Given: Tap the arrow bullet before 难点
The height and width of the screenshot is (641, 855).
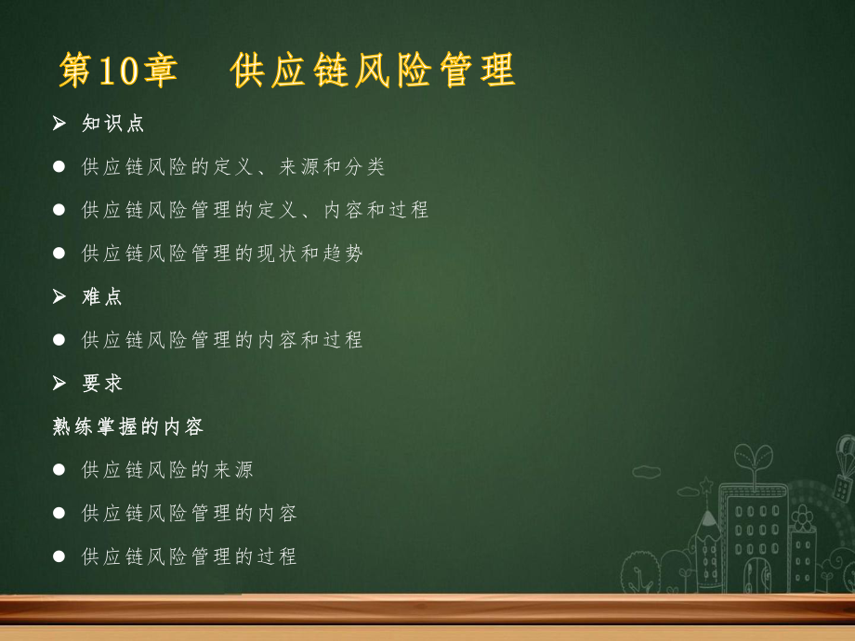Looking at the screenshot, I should [x=59, y=296].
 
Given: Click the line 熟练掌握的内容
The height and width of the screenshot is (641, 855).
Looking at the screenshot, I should [x=128, y=426].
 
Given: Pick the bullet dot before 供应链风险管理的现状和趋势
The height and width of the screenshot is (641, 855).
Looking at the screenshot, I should [x=59, y=254].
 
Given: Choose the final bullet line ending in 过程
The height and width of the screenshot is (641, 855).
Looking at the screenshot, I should [x=190, y=556].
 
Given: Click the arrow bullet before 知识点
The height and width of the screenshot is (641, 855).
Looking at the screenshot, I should [x=59, y=124].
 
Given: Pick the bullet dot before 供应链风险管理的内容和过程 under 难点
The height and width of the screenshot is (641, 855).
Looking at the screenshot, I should [x=59, y=340].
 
